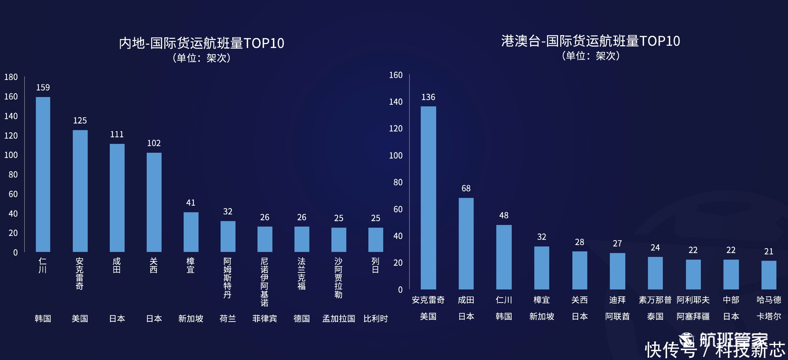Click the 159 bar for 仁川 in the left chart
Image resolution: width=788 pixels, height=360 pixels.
tap(43, 174)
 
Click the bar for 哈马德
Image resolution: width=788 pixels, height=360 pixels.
tap(769, 275)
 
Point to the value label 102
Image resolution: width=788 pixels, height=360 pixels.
tap(154, 143)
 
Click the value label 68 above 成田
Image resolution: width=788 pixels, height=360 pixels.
tap(466, 188)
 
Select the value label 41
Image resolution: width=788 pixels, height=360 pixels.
tap(191, 202)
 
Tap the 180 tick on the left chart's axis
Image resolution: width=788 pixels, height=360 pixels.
tap(11, 77)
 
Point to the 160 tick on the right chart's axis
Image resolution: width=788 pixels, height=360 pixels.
tap(396, 75)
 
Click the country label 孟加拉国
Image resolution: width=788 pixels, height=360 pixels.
tap(339, 319)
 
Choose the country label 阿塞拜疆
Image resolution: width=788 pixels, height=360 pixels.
tap(693, 316)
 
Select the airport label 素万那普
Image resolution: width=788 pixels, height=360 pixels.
tap(655, 300)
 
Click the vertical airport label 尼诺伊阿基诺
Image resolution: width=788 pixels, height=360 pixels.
tap(265, 282)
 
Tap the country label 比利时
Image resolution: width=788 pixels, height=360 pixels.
tap(376, 319)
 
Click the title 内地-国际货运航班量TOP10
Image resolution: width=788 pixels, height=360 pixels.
tap(202, 43)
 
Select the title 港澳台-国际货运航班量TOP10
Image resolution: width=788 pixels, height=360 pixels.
tap(590, 41)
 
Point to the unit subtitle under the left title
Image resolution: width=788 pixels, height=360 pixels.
tap(202, 58)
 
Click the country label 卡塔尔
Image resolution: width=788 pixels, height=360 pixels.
tap(769, 316)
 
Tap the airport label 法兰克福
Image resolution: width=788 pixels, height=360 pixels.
tap(302, 273)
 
